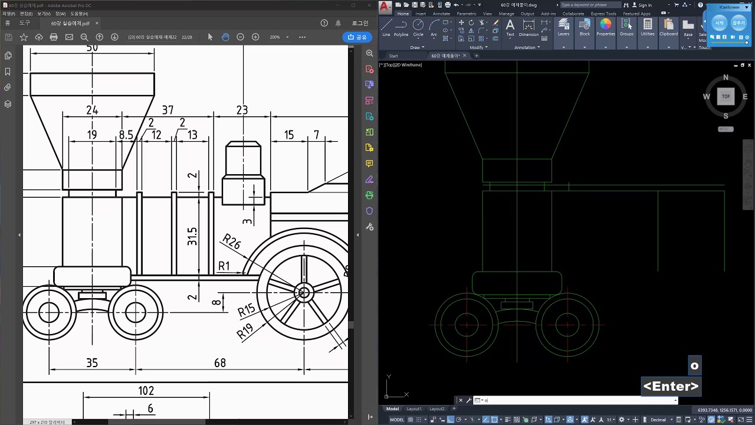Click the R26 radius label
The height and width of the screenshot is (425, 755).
pyautogui.click(x=231, y=241)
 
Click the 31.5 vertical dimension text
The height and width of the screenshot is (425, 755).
pyautogui.click(x=192, y=236)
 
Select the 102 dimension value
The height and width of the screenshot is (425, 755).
pyautogui.click(x=146, y=391)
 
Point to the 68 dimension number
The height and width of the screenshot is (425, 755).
pyautogui.click(x=219, y=363)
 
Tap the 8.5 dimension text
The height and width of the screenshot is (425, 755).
pyautogui.click(x=126, y=135)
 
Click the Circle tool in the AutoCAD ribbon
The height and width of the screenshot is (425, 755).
pyautogui.click(x=418, y=27)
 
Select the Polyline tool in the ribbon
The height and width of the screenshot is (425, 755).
pyautogui.click(x=401, y=27)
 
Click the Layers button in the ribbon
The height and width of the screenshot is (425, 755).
pyautogui.click(x=563, y=27)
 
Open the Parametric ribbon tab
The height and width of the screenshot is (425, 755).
pyautogui.click(x=466, y=14)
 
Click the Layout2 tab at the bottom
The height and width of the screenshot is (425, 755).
pyautogui.click(x=436, y=408)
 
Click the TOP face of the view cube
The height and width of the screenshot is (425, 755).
pyautogui.click(x=726, y=96)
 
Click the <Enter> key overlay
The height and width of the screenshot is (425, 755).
pyautogui.click(x=671, y=387)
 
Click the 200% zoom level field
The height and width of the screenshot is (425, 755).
pyautogui.click(x=275, y=37)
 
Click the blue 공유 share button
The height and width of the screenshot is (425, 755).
pyautogui.click(x=357, y=37)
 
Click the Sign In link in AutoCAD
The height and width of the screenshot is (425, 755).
pyautogui.click(x=645, y=5)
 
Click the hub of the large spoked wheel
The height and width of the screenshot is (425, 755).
pyautogui.click(x=304, y=292)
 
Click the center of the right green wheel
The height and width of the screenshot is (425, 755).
pyautogui.click(x=567, y=324)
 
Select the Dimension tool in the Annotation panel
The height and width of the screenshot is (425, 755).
pyautogui.click(x=528, y=27)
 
